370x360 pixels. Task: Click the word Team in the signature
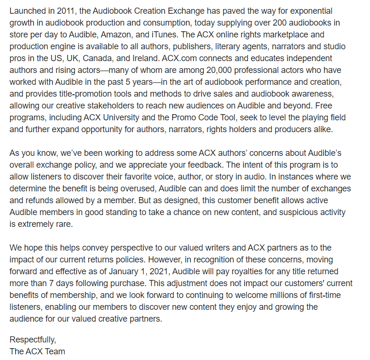[x=55, y=351]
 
